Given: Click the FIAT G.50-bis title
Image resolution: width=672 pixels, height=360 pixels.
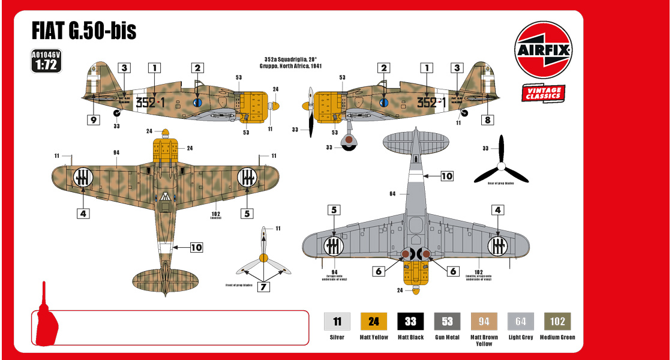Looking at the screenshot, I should tap(84, 30).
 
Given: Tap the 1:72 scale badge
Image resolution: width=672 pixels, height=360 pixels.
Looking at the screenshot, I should tap(46, 61).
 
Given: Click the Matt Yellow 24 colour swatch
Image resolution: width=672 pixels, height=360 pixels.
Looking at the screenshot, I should tap(374, 322).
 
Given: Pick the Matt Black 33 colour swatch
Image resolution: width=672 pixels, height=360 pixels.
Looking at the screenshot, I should tap(410, 322).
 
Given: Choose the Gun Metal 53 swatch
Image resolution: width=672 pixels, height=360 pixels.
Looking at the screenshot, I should tap(447, 322).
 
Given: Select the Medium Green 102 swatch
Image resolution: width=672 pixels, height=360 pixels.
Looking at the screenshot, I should tap(557, 322).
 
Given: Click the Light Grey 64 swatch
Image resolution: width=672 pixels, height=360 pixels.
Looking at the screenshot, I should tap(521, 322).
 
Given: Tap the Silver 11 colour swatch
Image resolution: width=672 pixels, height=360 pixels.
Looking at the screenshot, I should tap(337, 322).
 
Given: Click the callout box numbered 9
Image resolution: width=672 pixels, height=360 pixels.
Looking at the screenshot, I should tap(93, 120).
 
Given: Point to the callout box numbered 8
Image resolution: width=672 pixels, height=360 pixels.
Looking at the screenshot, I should tap(488, 120).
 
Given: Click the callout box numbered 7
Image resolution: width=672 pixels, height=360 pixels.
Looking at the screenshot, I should tap(263, 287).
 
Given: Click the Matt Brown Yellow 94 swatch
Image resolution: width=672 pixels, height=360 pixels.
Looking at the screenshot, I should tap(484, 322).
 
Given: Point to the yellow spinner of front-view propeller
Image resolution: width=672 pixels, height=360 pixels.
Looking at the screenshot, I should tap(263, 259).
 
